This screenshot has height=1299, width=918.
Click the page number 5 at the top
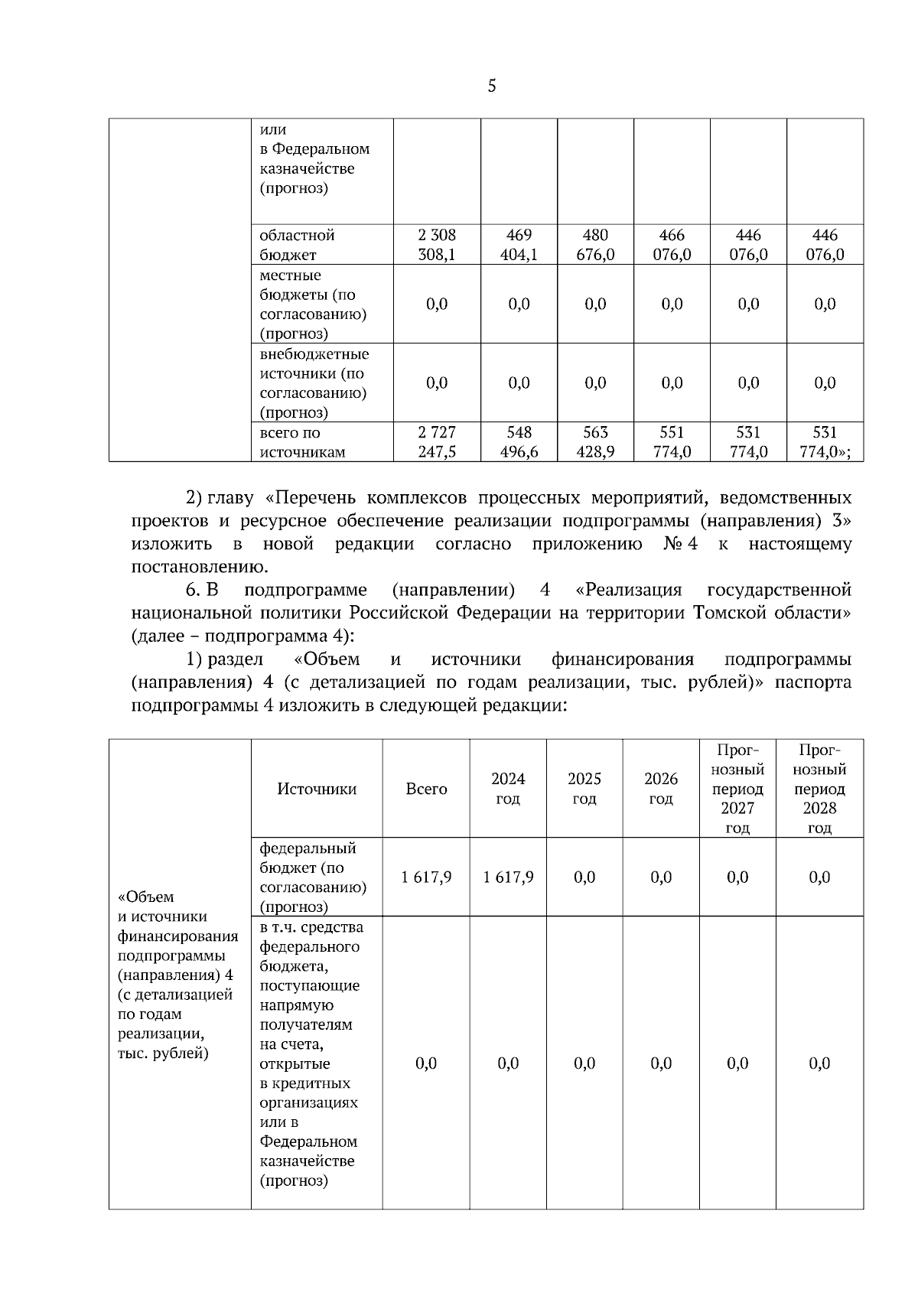[x=491, y=86]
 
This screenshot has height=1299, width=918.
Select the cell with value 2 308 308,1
[x=437, y=245]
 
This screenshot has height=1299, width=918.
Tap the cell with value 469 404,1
[x=519, y=245]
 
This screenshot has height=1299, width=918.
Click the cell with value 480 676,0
[x=595, y=245]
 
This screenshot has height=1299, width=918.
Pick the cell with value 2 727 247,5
[x=437, y=442]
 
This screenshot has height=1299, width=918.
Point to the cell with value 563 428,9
[x=595, y=442]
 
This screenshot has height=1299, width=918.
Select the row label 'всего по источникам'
[x=302, y=442]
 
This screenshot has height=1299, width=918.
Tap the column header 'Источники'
[x=317, y=789]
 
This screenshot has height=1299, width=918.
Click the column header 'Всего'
[x=426, y=789]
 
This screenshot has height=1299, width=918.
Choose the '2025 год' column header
[x=584, y=789]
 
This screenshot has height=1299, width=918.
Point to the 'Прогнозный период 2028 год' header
[x=819, y=789]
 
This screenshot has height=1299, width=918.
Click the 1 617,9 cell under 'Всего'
[x=426, y=877]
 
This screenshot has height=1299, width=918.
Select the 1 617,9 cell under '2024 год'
[x=508, y=877]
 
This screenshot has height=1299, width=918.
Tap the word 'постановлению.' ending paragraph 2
[x=200, y=568]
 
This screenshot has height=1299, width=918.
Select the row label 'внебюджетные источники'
[x=314, y=383]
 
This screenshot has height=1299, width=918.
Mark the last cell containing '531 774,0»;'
[x=825, y=442]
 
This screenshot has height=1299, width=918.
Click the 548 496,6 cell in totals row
[x=519, y=442]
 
